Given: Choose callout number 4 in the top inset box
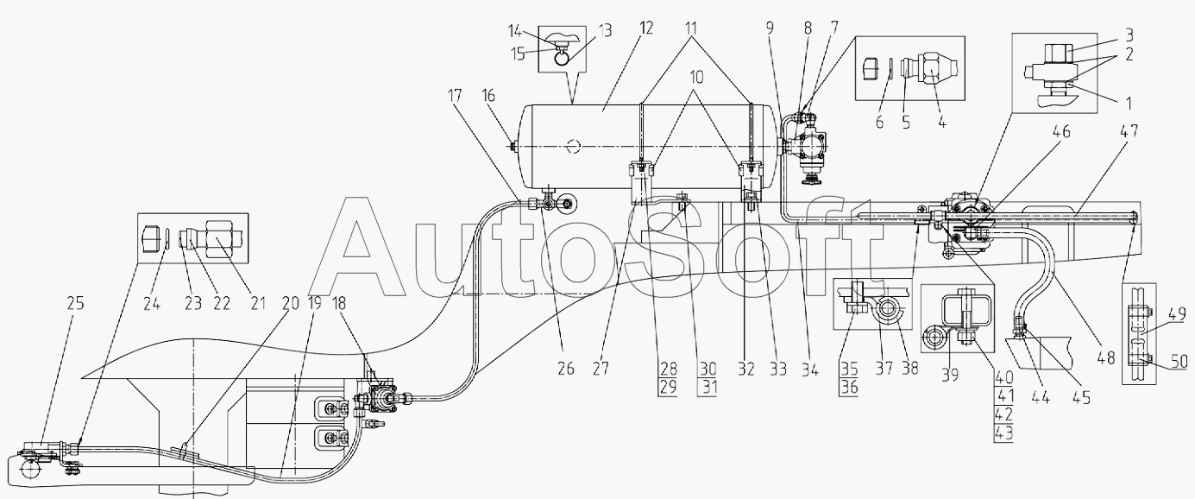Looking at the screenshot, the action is (x=942, y=122).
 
